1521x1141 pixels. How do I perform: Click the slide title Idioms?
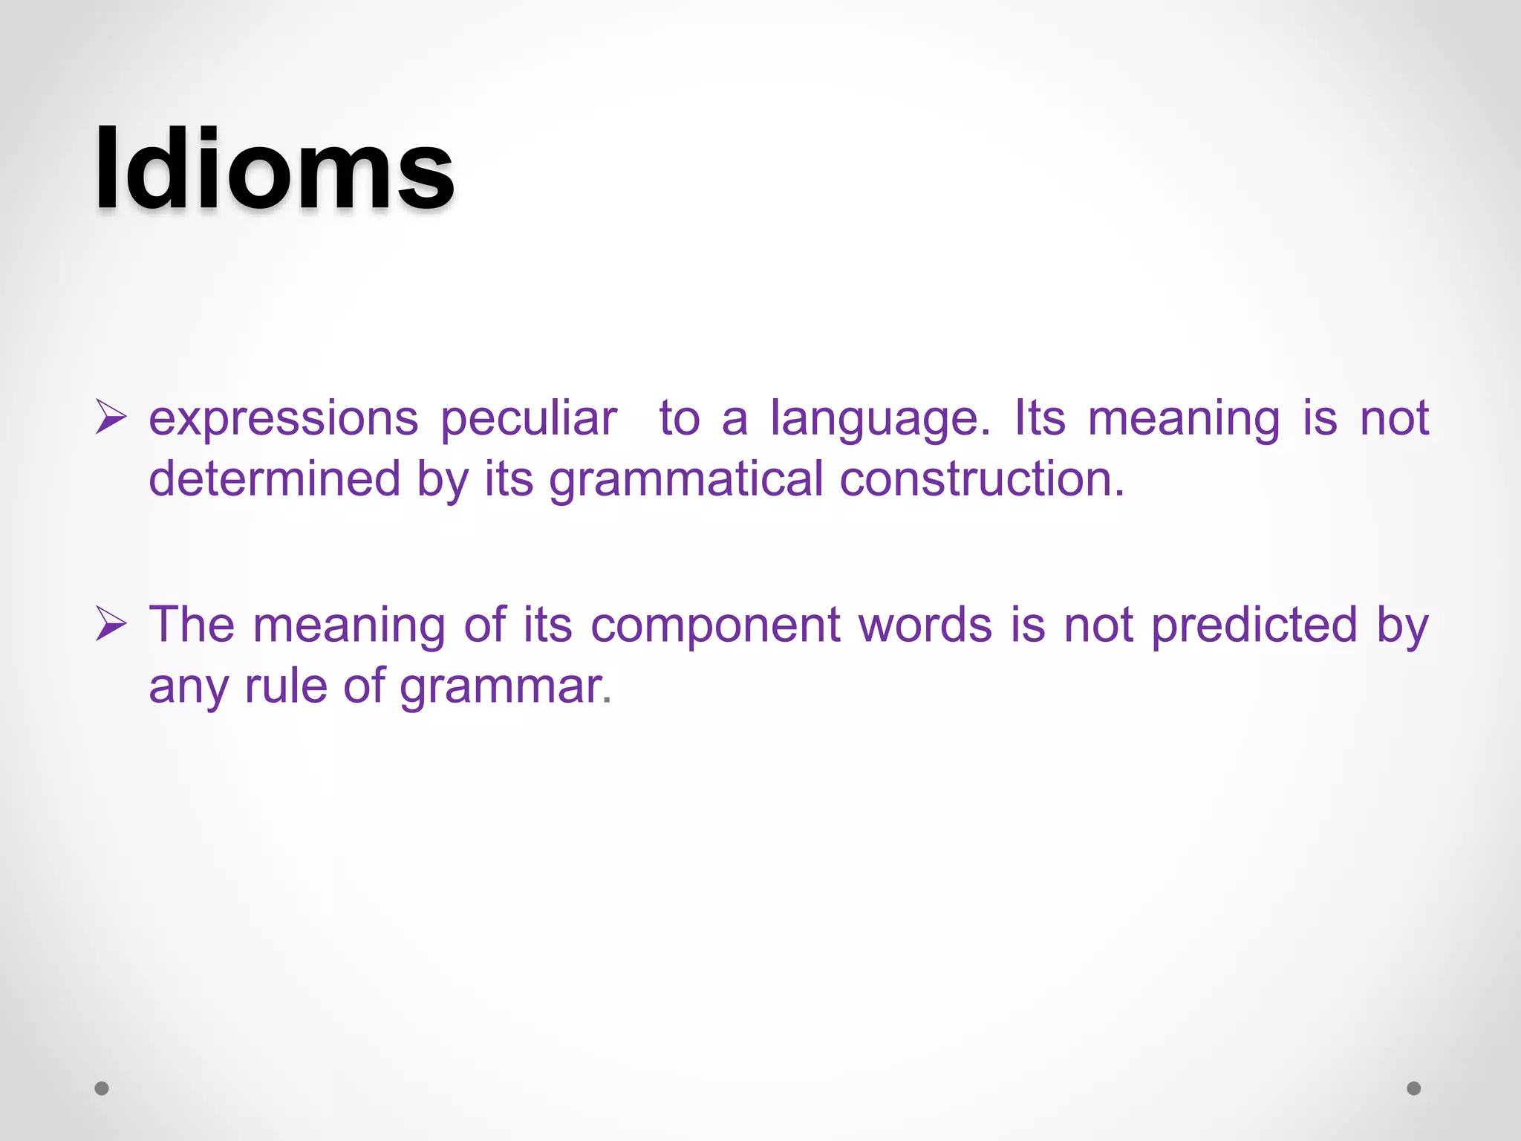274,169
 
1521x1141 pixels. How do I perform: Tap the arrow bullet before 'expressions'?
111,417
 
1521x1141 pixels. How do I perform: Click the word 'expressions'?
283,419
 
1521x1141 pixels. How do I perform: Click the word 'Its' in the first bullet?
1040,417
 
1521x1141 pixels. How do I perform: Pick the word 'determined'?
274,478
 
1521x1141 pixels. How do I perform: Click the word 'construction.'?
982,478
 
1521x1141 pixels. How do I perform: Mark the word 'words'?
925,625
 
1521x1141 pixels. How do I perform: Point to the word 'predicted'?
1254,626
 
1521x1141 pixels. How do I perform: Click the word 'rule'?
285,685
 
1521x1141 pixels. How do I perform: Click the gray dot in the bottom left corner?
102,1088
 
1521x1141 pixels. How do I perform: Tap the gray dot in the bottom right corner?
1414,1088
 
